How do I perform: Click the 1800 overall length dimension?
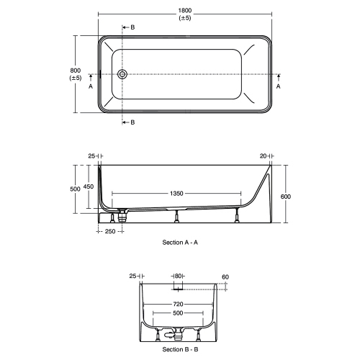[185, 11]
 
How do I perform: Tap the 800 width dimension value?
[76, 71]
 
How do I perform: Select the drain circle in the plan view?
[122, 74]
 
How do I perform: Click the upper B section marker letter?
[132, 27]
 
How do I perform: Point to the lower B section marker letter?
[132, 122]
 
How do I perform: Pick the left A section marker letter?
[91, 86]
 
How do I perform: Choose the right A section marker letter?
[278, 86]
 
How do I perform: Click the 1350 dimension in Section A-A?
[176, 194]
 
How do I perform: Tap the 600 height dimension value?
[285, 197]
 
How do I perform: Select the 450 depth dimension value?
[89, 186]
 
